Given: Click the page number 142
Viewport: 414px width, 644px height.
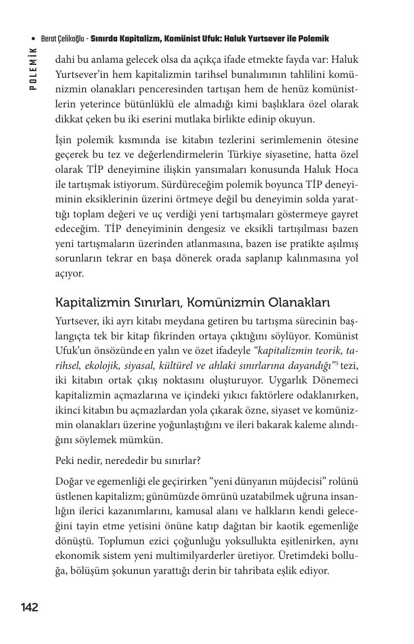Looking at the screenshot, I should pyautogui.click(x=30, y=608).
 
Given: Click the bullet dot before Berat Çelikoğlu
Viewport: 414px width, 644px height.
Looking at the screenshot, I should pyautogui.click(x=34, y=39).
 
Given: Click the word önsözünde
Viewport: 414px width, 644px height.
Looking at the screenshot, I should pyautogui.click(x=117, y=350).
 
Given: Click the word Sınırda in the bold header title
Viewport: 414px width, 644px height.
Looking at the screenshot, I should pyautogui.click(x=105, y=39).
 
